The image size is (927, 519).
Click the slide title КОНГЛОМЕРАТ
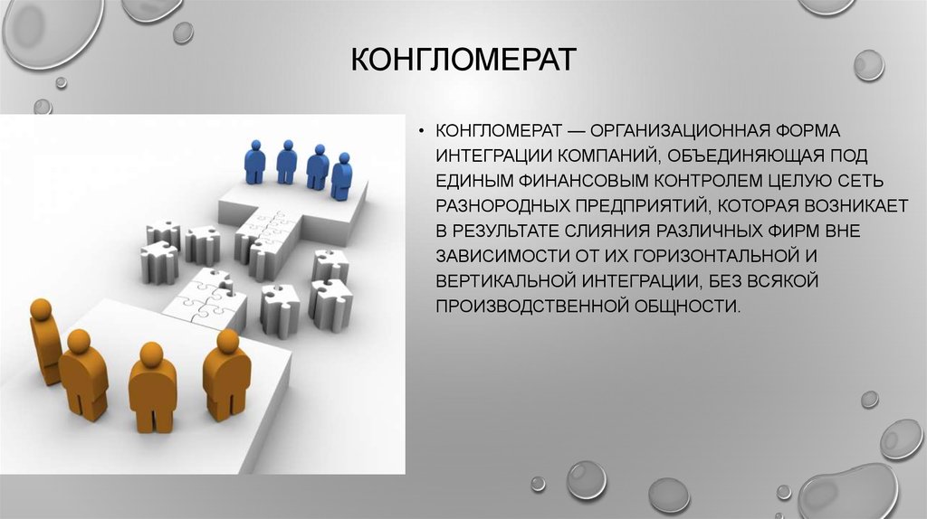point(463,59)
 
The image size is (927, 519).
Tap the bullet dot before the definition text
point(421,131)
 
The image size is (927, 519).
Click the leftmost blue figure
point(254,162)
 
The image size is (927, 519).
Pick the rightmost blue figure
point(341,176)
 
